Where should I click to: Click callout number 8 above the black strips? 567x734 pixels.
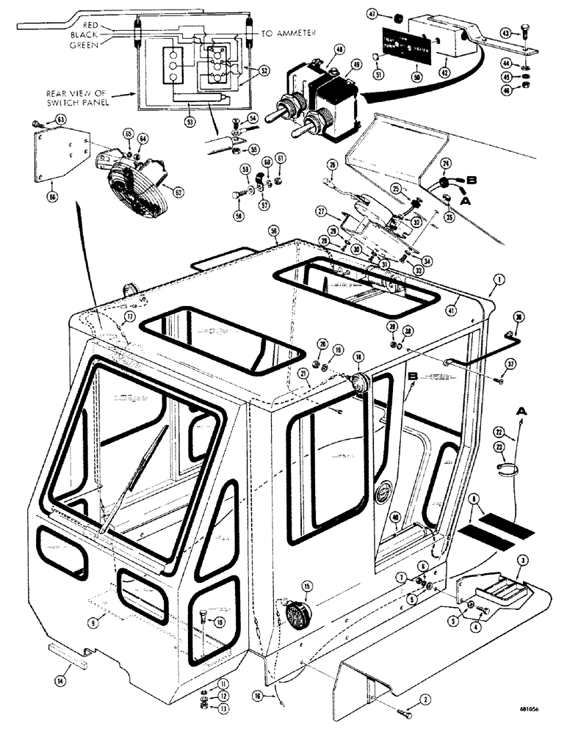[x=475, y=498]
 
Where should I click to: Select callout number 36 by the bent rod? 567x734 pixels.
[x=519, y=318]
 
